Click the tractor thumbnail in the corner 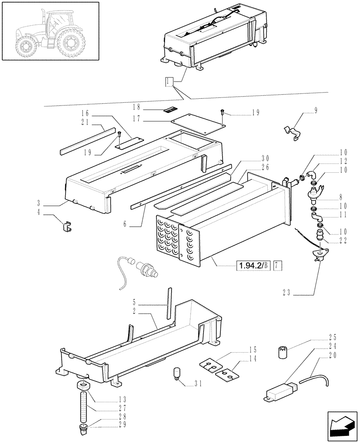click(x=50, y=31)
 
